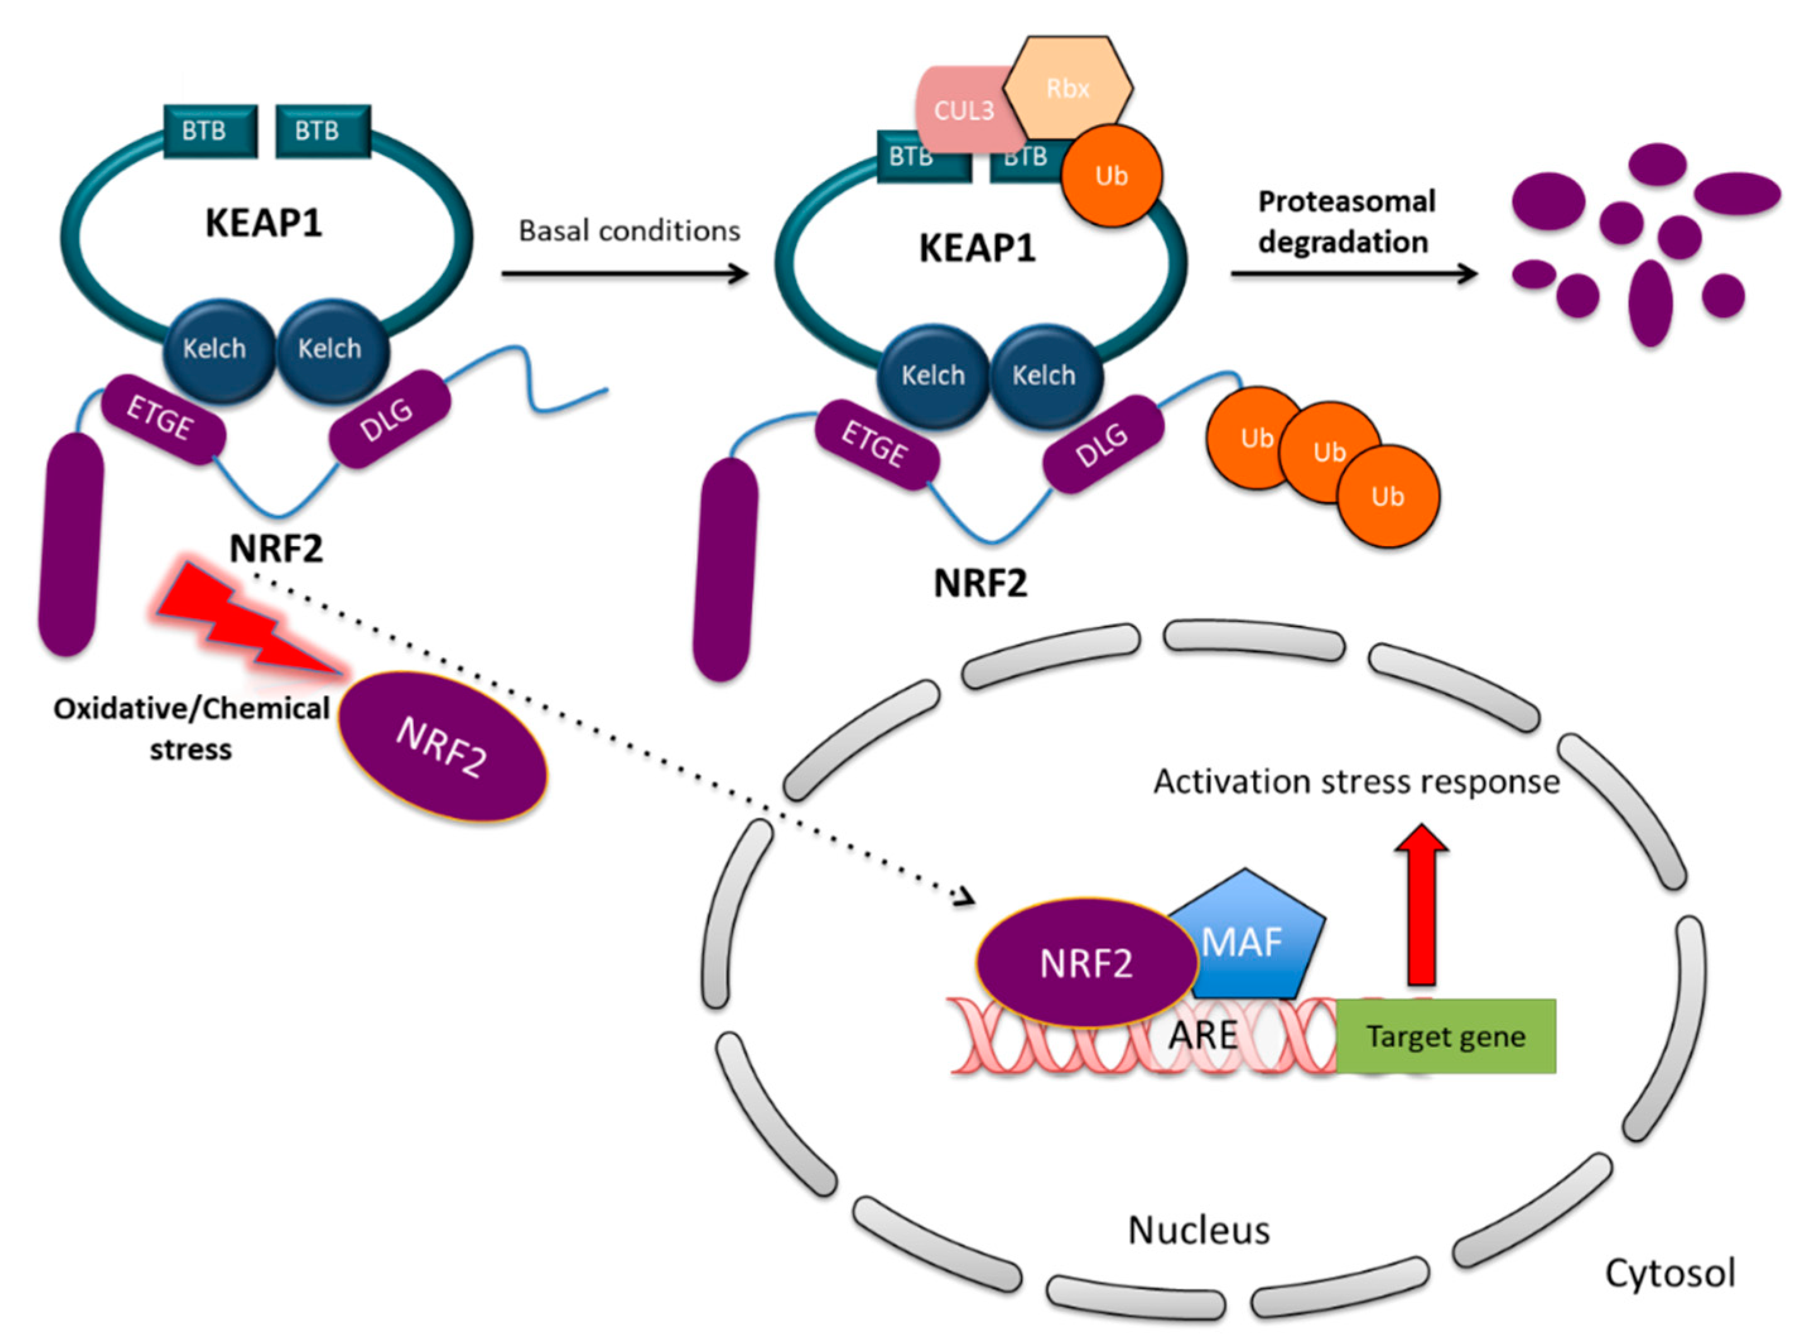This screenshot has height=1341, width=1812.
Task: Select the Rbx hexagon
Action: (1068, 88)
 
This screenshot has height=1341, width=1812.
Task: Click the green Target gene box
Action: (1445, 1036)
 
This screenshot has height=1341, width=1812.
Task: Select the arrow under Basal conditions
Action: (625, 274)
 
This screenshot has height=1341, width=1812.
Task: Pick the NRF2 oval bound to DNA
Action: (1086, 964)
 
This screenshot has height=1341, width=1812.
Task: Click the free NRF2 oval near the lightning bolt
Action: (442, 747)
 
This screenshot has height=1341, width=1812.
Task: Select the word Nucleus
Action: (1198, 1231)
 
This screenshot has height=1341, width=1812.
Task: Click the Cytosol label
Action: (1670, 1273)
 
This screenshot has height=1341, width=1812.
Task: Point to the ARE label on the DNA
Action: (1203, 1036)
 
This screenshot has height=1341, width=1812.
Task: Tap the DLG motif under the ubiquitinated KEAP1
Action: (1102, 445)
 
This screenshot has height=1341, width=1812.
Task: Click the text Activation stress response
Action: (1356, 782)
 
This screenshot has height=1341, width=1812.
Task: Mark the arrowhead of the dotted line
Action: (968, 899)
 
